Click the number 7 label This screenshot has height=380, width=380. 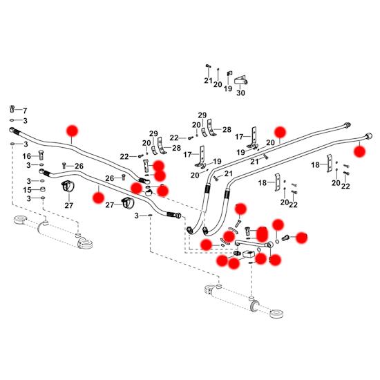click(x=25, y=111)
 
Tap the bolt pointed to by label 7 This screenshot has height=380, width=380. click(x=12, y=108)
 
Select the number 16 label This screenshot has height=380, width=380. click(x=27, y=156)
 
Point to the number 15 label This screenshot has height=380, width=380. click(x=27, y=190)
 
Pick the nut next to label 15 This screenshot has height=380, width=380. click(x=42, y=189)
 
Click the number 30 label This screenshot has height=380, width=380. click(x=240, y=93)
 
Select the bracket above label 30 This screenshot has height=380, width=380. click(x=240, y=80)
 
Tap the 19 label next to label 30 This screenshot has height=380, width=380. click(x=228, y=88)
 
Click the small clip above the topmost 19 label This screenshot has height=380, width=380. click(x=229, y=74)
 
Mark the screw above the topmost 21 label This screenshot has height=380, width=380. click(x=207, y=66)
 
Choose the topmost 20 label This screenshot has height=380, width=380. click(x=218, y=84)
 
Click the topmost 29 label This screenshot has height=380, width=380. click(x=202, y=115)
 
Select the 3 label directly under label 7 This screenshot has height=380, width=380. click(x=25, y=121)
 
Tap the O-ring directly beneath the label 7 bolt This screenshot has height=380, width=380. click(x=12, y=120)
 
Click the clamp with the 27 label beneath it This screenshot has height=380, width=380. click(x=68, y=187)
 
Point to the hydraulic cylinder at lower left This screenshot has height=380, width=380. click(x=53, y=231)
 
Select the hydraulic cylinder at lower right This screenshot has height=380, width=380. click(x=243, y=301)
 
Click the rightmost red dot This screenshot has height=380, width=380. click(x=359, y=151)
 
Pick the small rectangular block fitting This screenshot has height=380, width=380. click(x=249, y=254)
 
